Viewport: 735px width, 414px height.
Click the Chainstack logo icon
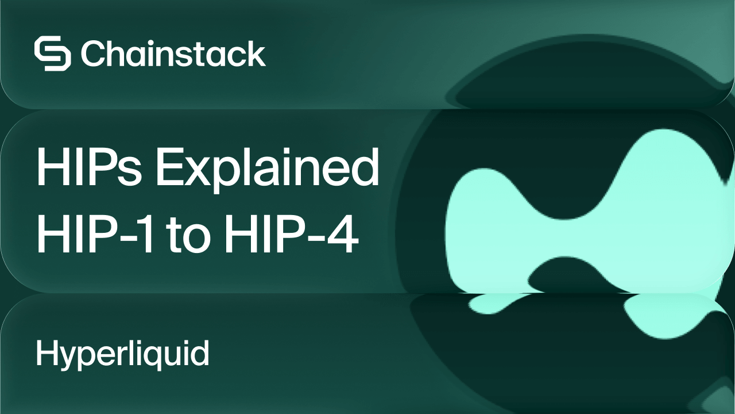pyautogui.click(x=52, y=54)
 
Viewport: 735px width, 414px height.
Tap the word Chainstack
pyautogui.click(x=173, y=54)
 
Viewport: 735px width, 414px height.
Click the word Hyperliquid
pyautogui.click(x=122, y=352)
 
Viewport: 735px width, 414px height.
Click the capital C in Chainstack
pyautogui.click(x=92, y=54)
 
